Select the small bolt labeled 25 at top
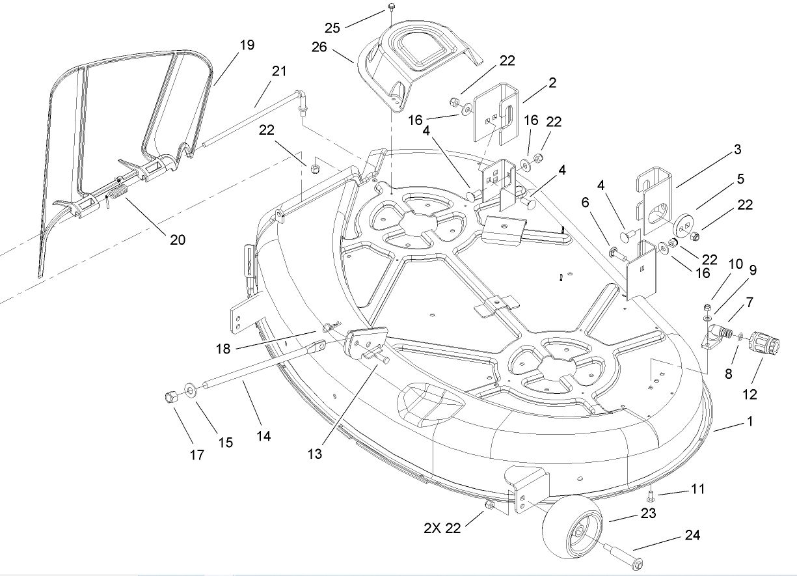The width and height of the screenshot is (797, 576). (391, 7)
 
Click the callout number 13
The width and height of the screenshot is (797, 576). (314, 454)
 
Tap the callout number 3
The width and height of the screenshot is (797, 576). (737, 150)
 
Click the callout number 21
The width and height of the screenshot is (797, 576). (279, 72)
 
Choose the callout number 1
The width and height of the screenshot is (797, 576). (749, 421)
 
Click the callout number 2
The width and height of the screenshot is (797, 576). (552, 83)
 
